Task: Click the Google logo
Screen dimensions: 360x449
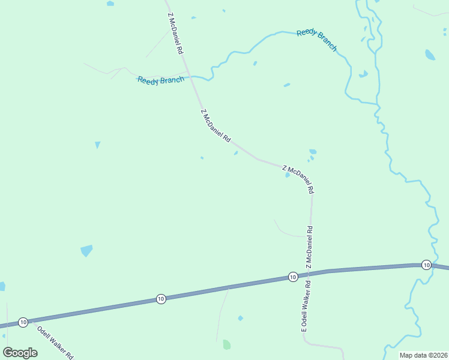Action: click(20, 352)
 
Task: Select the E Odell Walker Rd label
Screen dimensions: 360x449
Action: click(304, 307)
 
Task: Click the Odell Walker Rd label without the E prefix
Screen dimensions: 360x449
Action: click(55, 342)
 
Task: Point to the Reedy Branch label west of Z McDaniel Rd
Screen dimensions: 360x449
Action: click(160, 80)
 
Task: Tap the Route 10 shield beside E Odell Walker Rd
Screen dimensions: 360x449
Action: click(292, 277)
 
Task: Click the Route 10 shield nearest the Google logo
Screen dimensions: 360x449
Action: click(23, 322)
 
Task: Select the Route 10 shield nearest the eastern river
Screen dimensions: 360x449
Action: click(426, 265)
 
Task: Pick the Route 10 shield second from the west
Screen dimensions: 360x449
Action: click(160, 298)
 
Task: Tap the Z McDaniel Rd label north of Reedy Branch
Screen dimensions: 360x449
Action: click(175, 35)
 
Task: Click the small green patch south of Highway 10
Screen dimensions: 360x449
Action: click(226, 344)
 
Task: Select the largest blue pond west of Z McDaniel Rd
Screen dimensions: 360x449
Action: click(86, 250)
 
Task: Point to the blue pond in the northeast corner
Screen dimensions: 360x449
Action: click(430, 55)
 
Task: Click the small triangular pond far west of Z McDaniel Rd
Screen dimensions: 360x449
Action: click(97, 145)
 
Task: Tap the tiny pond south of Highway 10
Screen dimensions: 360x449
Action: click(241, 317)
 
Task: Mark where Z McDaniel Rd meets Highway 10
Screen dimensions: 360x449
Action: click(310, 274)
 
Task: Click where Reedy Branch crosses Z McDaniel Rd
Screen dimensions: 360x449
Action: click(190, 76)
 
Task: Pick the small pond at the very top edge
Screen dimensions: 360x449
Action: click(110, 4)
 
